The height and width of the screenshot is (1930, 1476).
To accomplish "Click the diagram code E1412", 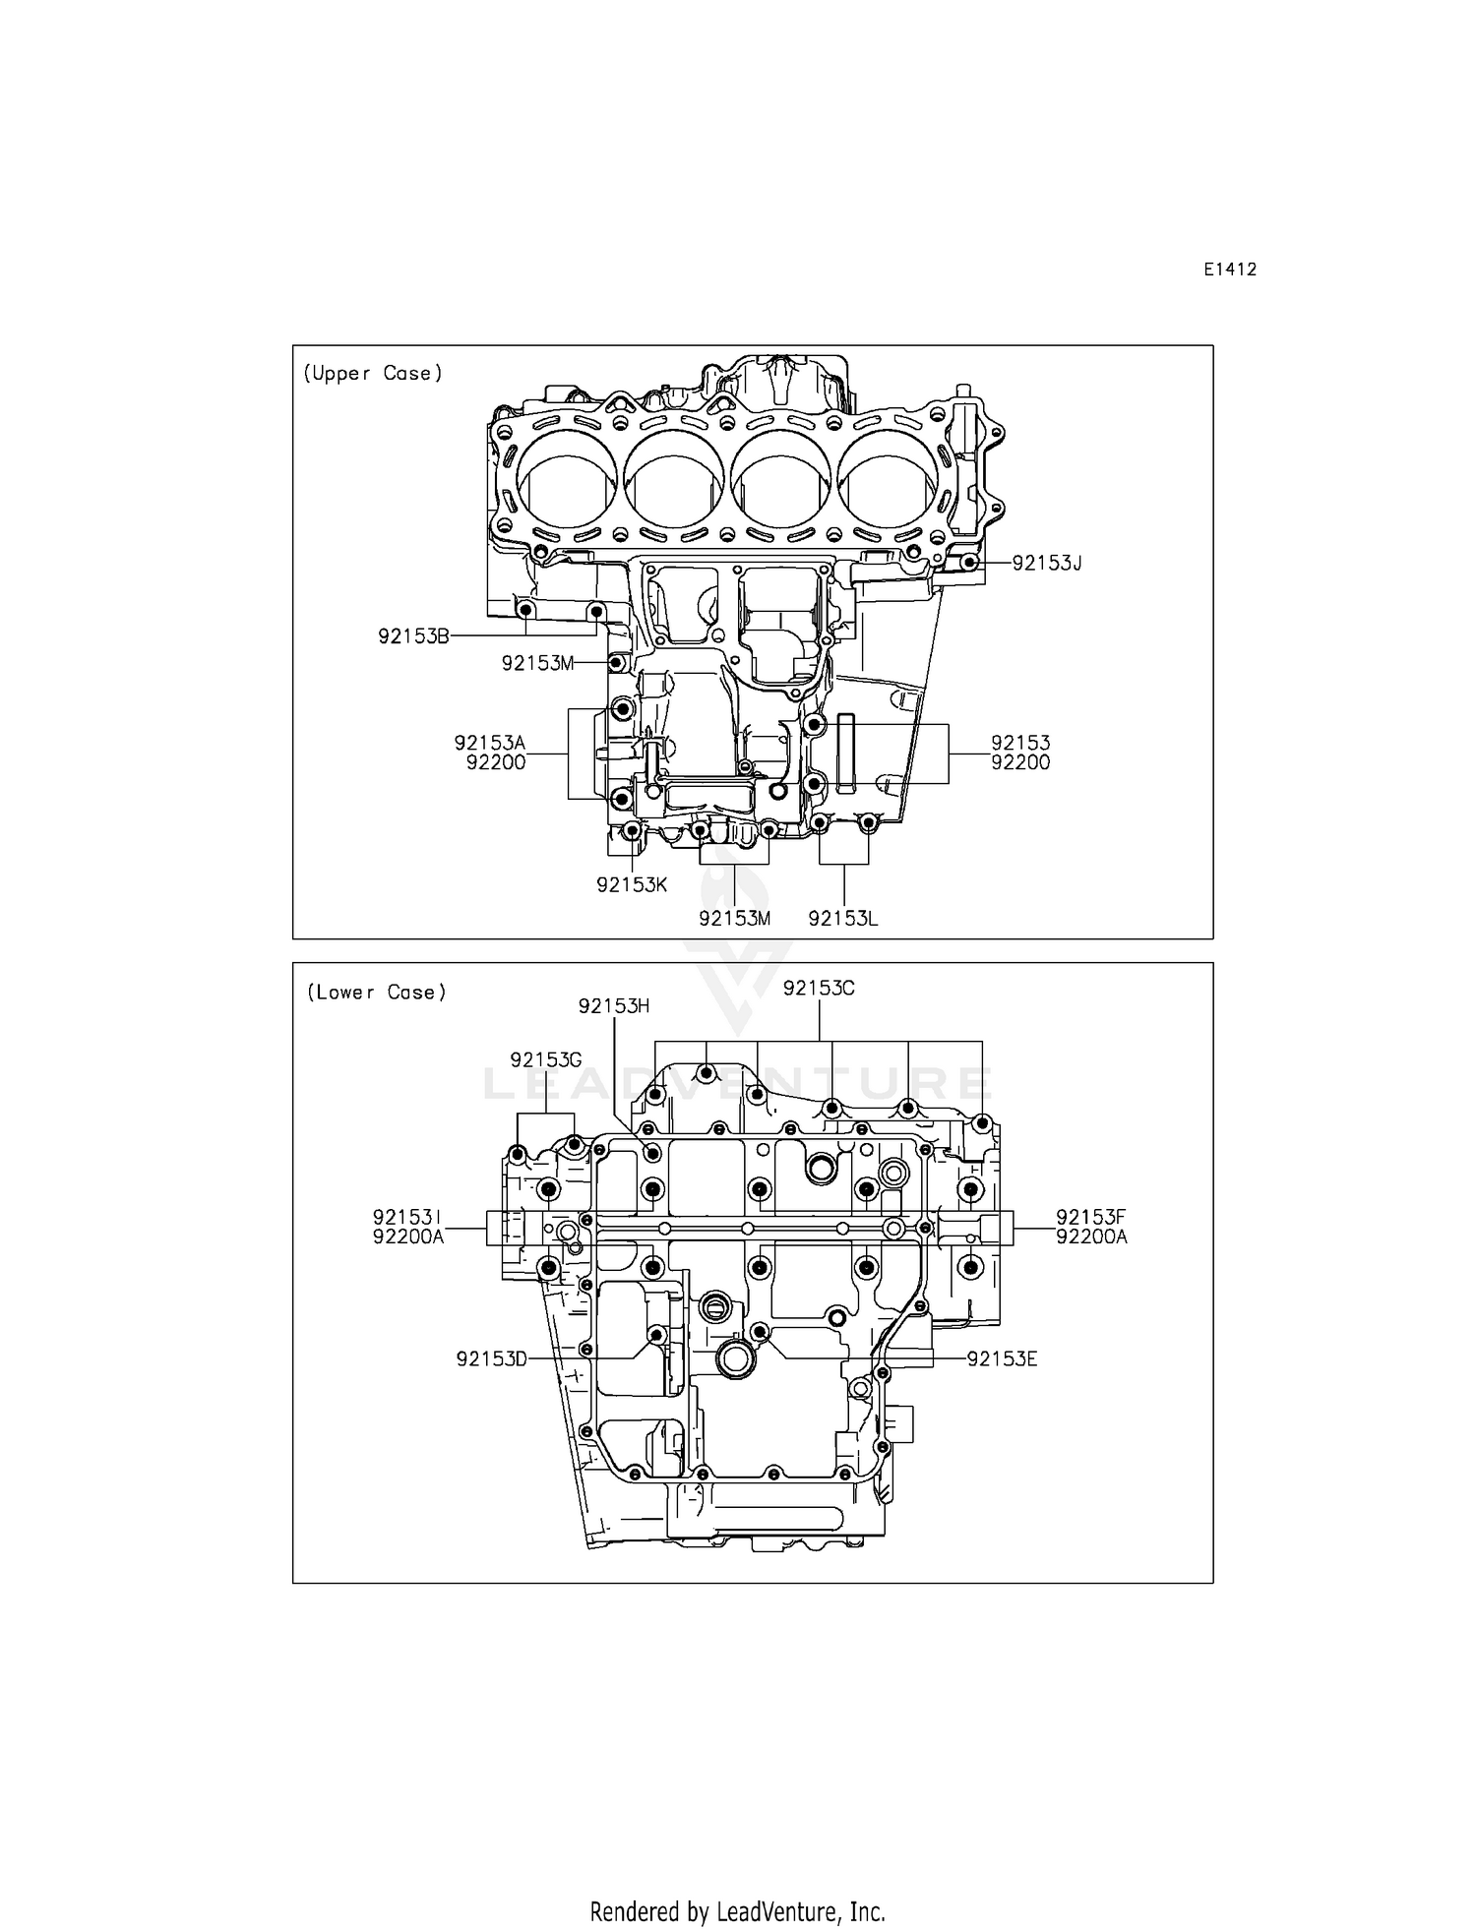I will [x=1229, y=270].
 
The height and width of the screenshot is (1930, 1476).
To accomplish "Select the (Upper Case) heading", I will [x=373, y=374].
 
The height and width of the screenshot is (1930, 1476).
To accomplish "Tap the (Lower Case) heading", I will [x=376, y=993].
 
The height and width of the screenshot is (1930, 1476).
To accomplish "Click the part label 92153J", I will [x=1046, y=564].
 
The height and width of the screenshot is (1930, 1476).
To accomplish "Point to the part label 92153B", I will [x=413, y=636].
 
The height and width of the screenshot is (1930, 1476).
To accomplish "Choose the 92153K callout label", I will [x=632, y=884].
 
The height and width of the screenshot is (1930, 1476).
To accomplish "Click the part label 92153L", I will [x=842, y=919].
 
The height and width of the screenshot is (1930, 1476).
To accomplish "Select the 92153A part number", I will [x=489, y=743].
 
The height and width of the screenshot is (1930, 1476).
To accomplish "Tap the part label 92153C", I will [x=819, y=989].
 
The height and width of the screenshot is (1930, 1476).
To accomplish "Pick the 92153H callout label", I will [x=614, y=1005].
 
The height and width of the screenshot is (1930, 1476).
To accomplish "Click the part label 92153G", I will [x=545, y=1059].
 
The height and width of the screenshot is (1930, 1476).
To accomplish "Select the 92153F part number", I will [x=1090, y=1218].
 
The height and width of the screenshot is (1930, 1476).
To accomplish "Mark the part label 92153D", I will [x=491, y=1359].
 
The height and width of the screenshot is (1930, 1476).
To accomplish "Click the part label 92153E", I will [x=1002, y=1359].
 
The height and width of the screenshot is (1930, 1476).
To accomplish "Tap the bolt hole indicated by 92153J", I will [x=969, y=563].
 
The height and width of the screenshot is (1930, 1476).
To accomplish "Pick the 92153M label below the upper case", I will [x=734, y=919].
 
